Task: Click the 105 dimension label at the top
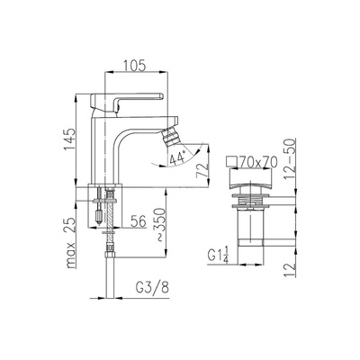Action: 134,65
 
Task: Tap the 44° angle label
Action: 177,158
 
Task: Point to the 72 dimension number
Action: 202,170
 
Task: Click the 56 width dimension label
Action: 139,221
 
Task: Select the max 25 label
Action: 70,243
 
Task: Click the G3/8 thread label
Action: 152,288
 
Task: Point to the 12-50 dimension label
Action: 290,158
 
